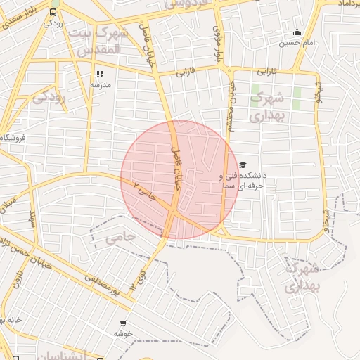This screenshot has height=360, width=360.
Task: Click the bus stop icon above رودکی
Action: coord(54,12)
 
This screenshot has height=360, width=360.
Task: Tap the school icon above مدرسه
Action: coord(100,73)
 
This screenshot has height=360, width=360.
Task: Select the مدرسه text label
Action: coord(100,84)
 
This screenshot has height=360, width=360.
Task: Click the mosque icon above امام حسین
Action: coord(297,32)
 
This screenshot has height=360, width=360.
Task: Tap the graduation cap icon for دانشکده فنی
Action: coord(243,165)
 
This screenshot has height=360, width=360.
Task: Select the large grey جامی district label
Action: coord(120,238)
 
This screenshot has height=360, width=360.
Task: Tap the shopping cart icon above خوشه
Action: coord(123,324)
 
